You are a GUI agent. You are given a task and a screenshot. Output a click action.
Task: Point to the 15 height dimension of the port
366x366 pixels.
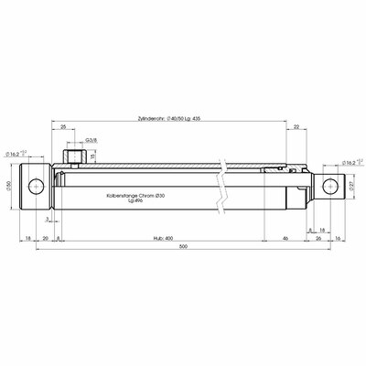[92, 156]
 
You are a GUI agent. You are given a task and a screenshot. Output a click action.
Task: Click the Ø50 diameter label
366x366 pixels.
[8, 187]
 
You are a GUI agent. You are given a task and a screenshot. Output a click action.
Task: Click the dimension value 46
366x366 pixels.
[287, 237]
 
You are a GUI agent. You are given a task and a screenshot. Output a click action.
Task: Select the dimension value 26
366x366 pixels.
[318, 237]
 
